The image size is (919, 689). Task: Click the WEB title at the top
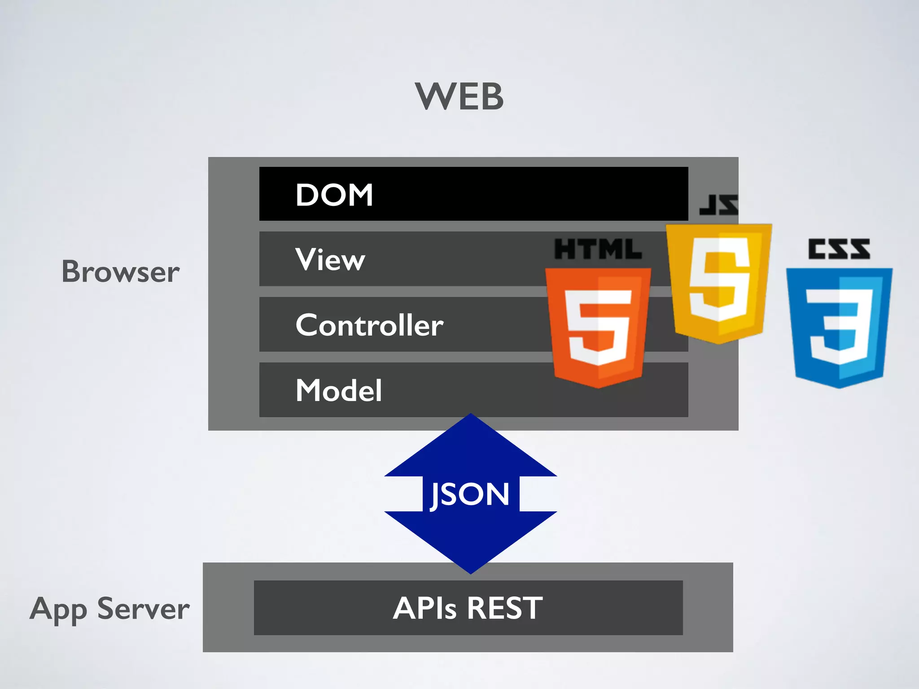(459, 96)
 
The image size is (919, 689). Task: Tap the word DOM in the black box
(334, 195)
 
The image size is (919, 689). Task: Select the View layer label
(330, 260)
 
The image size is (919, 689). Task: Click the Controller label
(369, 325)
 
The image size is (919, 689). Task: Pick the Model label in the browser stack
(339, 390)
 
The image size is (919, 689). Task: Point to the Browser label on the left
(120, 272)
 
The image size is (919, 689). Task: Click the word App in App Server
(58, 610)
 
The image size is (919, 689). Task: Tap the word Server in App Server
(144, 609)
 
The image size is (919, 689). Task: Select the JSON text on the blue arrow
(470, 495)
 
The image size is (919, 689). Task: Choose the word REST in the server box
(505, 609)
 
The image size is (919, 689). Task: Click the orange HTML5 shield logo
(598, 327)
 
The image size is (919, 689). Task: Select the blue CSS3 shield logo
(839, 327)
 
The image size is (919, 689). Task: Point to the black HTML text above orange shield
(598, 249)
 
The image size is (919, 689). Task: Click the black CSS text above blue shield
(839, 249)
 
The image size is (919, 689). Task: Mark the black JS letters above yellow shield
(718, 205)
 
